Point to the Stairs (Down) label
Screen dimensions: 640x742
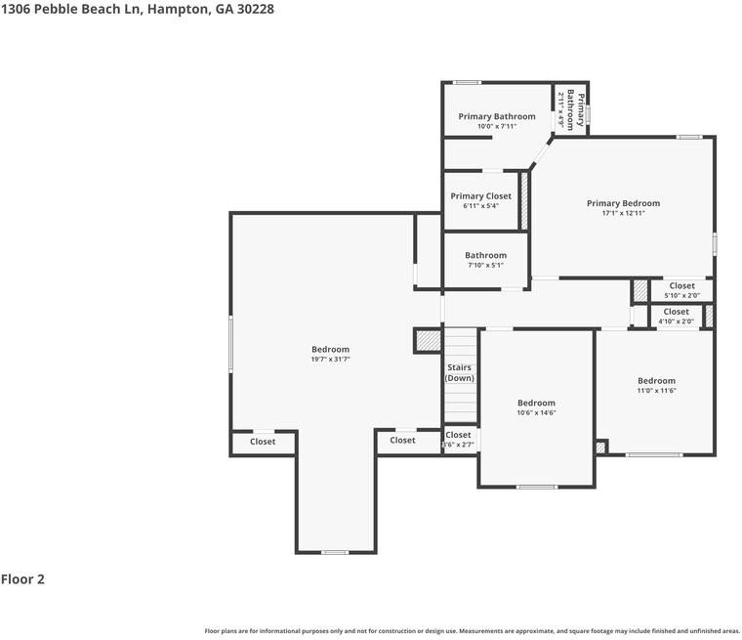[x=460, y=372]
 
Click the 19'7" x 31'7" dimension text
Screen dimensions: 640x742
[x=330, y=360]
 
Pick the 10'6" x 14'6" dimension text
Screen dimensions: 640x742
[x=536, y=413]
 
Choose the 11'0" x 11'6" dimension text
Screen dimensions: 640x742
[x=656, y=391]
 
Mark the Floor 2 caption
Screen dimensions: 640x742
[x=22, y=579]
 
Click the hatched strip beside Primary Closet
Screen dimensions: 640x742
[x=524, y=201]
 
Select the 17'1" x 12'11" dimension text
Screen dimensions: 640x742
[x=623, y=214]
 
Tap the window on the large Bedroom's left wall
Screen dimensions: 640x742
[x=231, y=343]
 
